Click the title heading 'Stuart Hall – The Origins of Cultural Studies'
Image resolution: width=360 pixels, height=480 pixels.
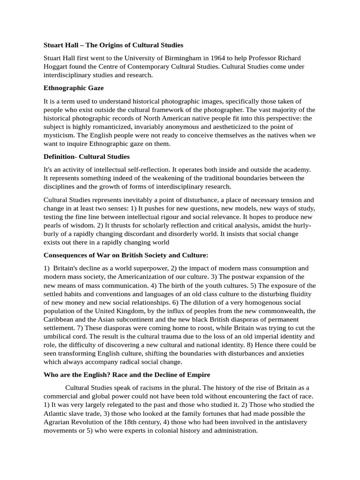[x=113, y=45]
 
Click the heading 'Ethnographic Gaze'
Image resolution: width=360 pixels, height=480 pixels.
[x=74, y=88]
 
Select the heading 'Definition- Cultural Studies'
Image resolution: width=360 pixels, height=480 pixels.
[x=86, y=156]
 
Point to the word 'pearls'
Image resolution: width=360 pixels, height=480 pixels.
[x=54, y=217]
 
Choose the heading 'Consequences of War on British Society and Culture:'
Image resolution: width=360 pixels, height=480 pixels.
[x=126, y=255]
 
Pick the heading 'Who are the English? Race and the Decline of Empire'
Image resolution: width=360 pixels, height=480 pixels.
[x=127, y=375]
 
